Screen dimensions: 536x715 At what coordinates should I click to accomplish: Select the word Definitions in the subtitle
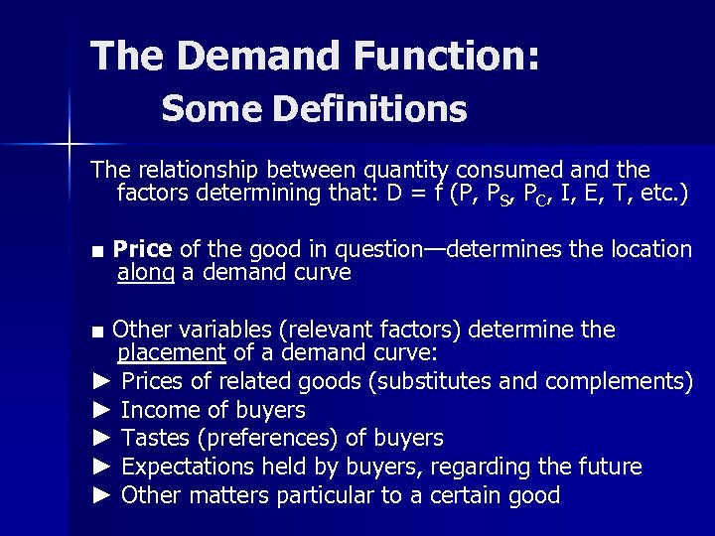click(382, 109)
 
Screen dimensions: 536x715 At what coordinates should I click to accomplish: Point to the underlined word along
click(145, 273)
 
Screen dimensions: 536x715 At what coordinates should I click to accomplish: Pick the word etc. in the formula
click(654, 195)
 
